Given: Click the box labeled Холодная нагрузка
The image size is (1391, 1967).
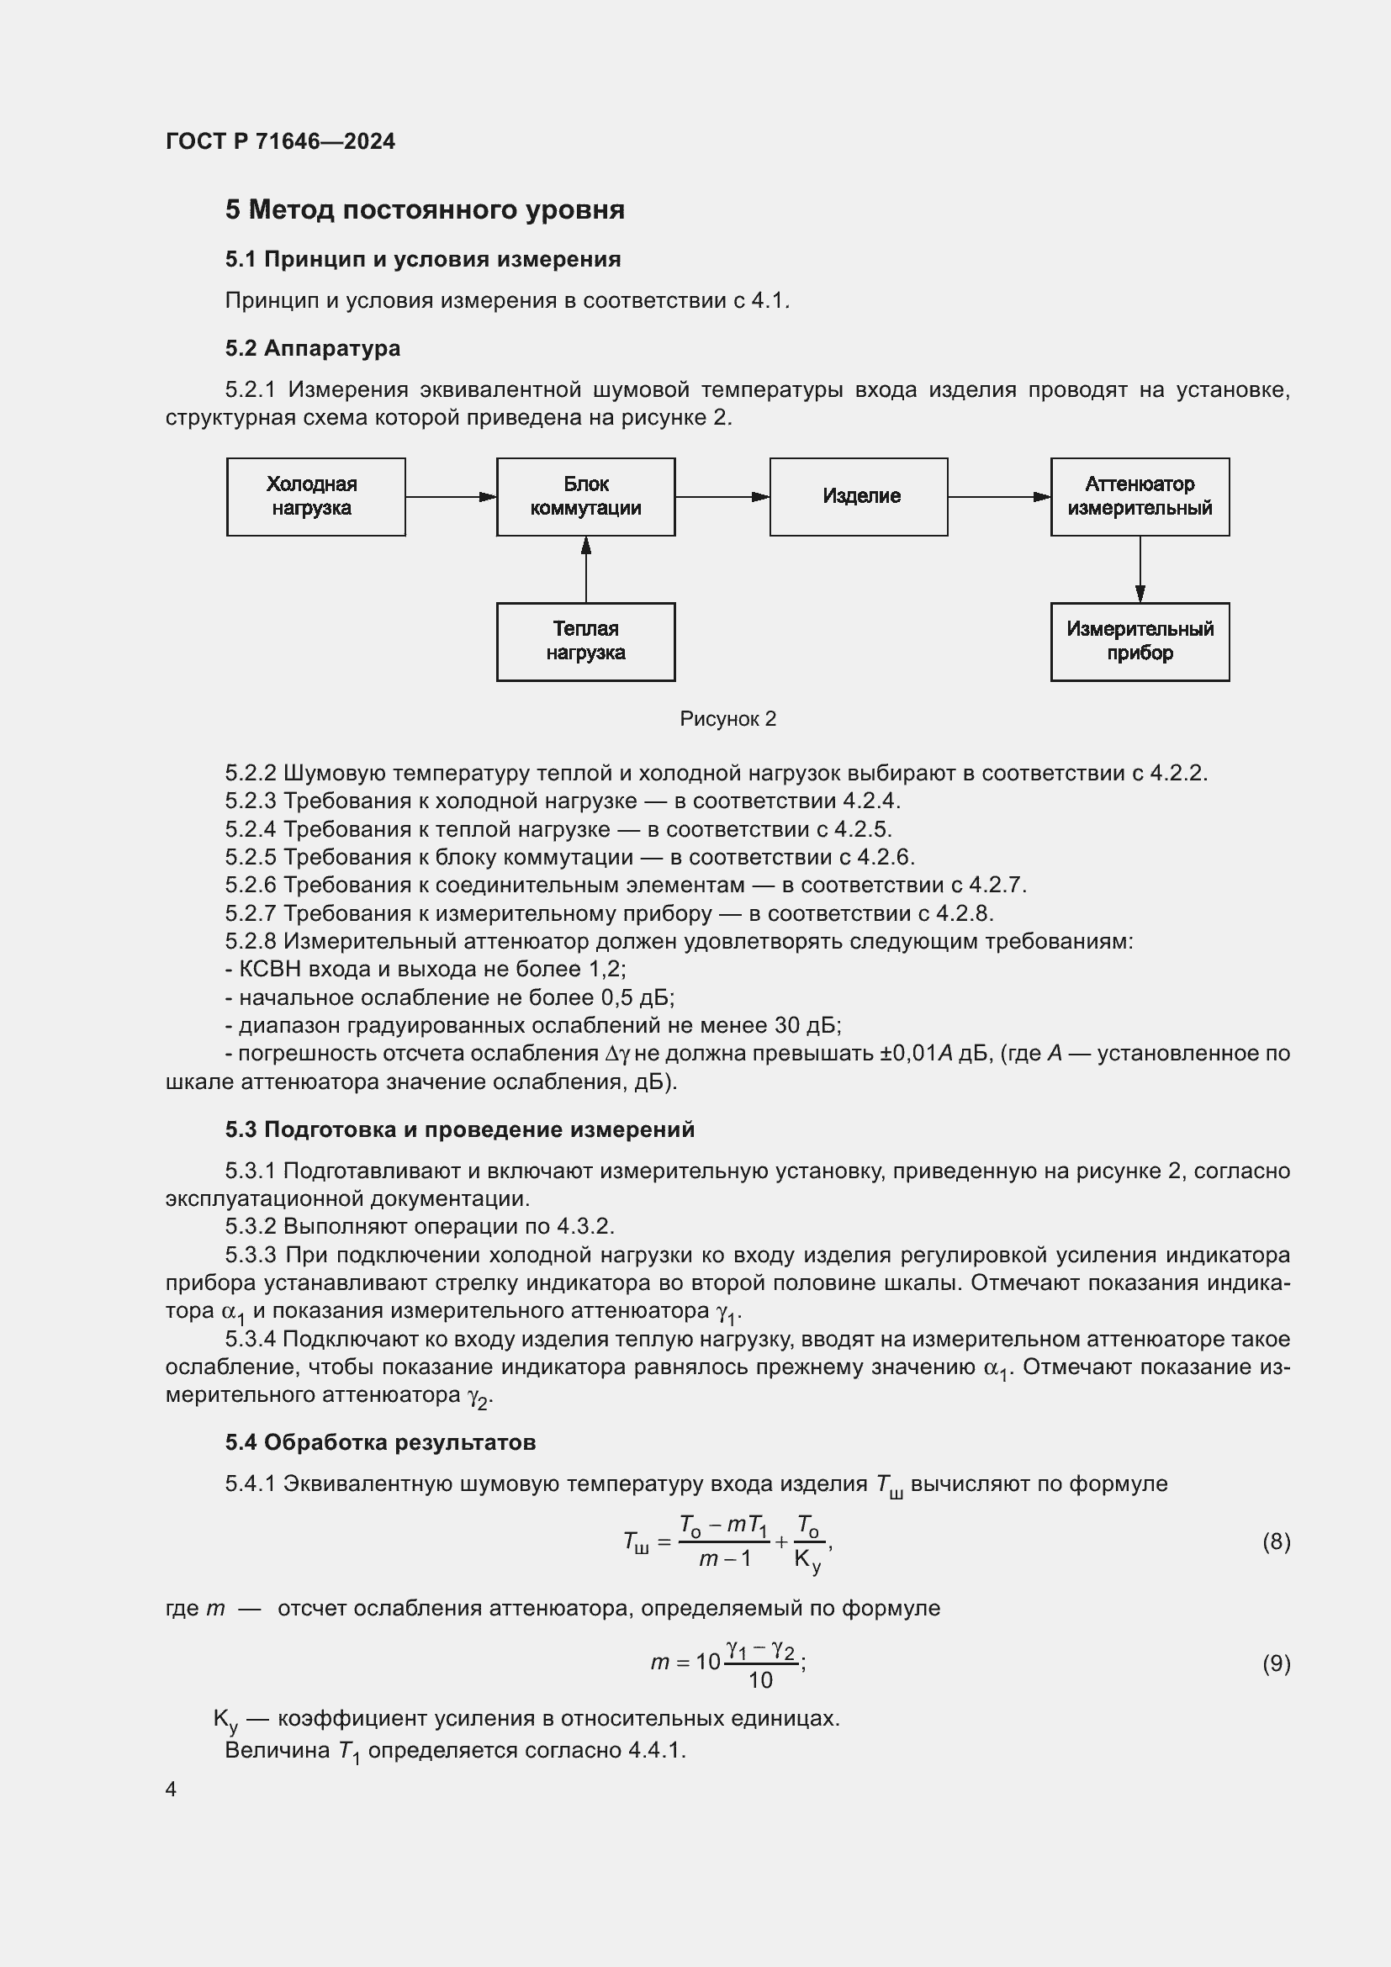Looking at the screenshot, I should (x=315, y=497).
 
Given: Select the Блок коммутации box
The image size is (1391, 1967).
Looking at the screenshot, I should (x=585, y=497).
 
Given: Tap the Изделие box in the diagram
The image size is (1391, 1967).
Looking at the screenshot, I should (x=859, y=497).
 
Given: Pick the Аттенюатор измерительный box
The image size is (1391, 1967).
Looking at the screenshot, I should (x=1140, y=497).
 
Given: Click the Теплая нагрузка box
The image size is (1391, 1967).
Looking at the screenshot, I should (x=585, y=642).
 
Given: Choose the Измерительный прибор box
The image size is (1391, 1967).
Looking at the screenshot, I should (x=1140, y=642).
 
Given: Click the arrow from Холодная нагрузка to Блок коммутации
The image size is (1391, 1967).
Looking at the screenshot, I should (x=451, y=497).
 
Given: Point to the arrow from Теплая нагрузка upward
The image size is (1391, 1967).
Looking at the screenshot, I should (x=586, y=569).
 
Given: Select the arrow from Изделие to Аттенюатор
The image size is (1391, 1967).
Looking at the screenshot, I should (x=999, y=497).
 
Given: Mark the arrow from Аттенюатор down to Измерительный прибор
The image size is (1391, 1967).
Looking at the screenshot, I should (x=1140, y=569).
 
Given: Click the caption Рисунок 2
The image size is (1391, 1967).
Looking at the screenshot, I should (x=728, y=719).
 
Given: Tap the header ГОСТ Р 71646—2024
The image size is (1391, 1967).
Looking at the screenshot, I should (x=280, y=141).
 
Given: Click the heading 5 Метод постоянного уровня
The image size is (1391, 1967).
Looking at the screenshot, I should (x=425, y=210).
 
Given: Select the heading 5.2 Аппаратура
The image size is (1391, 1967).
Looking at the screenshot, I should (x=313, y=349).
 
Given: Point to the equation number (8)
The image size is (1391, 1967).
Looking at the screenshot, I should (x=1276, y=1542).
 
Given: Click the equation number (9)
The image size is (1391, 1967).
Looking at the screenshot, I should (x=1276, y=1663).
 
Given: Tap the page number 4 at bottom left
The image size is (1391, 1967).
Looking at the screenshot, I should (x=171, y=1789).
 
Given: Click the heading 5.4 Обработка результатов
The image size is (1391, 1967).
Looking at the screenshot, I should (x=380, y=1443).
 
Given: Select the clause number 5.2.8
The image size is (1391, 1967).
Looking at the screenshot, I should (x=250, y=942).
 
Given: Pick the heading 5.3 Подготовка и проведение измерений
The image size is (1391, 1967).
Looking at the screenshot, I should (x=460, y=1130).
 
